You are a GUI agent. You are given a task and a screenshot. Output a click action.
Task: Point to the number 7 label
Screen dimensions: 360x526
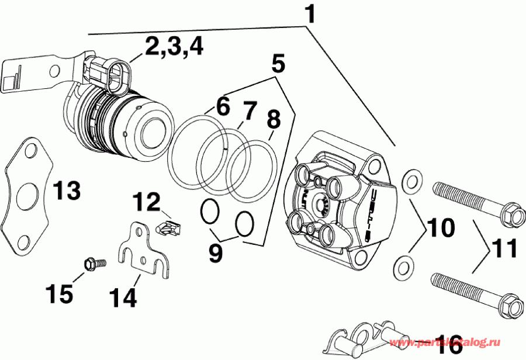tap(250, 109)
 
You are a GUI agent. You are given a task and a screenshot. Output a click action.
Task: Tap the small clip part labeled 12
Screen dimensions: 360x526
tap(169, 225)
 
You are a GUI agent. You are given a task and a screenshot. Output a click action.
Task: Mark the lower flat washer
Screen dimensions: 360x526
tap(402, 266)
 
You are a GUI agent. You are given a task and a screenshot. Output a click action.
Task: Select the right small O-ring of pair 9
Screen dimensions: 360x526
tap(245, 223)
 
